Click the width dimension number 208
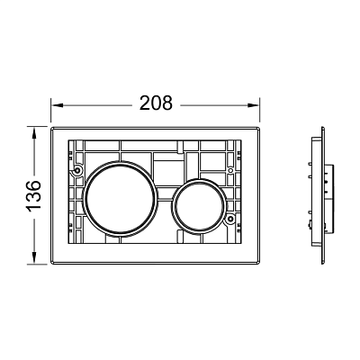[x=157, y=103]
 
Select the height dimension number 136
[x=34, y=195]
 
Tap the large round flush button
[x=121, y=198]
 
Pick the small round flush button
[x=199, y=206]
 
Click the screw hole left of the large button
[x=77, y=171]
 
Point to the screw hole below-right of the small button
[x=230, y=219]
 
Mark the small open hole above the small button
[x=230, y=170]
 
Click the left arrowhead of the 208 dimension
[x=57, y=105]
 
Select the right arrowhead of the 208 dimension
[x=253, y=105]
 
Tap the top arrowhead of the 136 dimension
[x=34, y=132]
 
